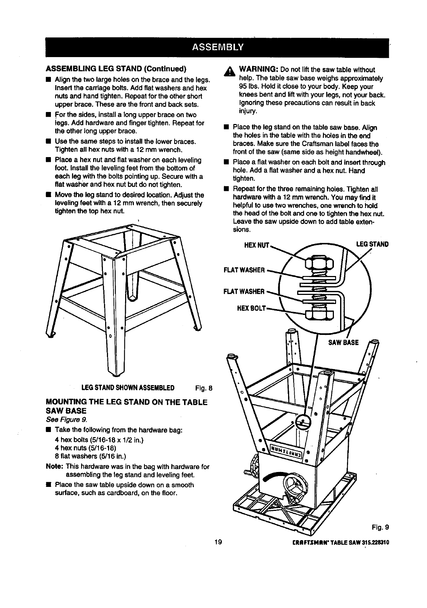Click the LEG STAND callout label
[372, 244]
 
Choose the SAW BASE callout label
[343, 342]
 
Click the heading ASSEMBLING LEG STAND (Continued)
[116, 69]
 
